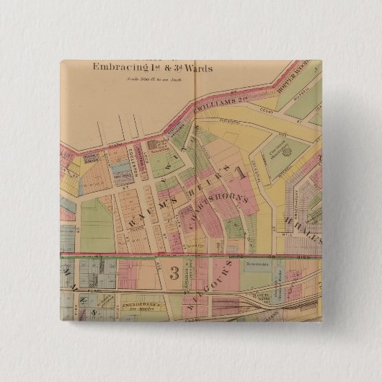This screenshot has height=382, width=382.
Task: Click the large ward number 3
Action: point(174,273)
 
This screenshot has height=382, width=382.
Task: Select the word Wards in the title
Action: point(198,68)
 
